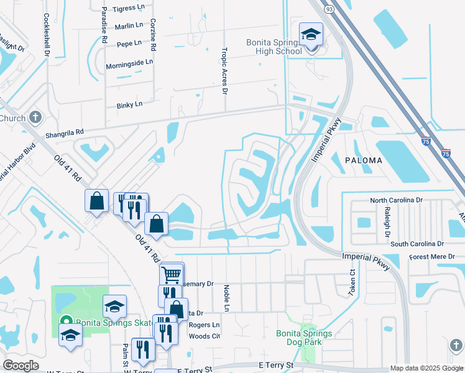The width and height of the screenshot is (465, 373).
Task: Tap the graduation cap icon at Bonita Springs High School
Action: coord(310,35)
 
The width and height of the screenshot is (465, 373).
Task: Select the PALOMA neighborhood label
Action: coord(364,160)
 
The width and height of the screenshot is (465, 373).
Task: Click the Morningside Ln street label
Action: coord(129,62)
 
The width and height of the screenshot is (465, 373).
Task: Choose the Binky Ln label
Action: coord(129,105)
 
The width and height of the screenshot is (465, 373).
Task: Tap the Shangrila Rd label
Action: coord(64,134)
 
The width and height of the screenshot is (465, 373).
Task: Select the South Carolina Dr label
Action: coord(417,244)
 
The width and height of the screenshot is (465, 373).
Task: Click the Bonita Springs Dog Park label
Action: coord(304,338)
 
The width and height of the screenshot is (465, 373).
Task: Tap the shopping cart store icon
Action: coord(172,274)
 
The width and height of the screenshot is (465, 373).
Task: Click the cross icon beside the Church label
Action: coord(35,117)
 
